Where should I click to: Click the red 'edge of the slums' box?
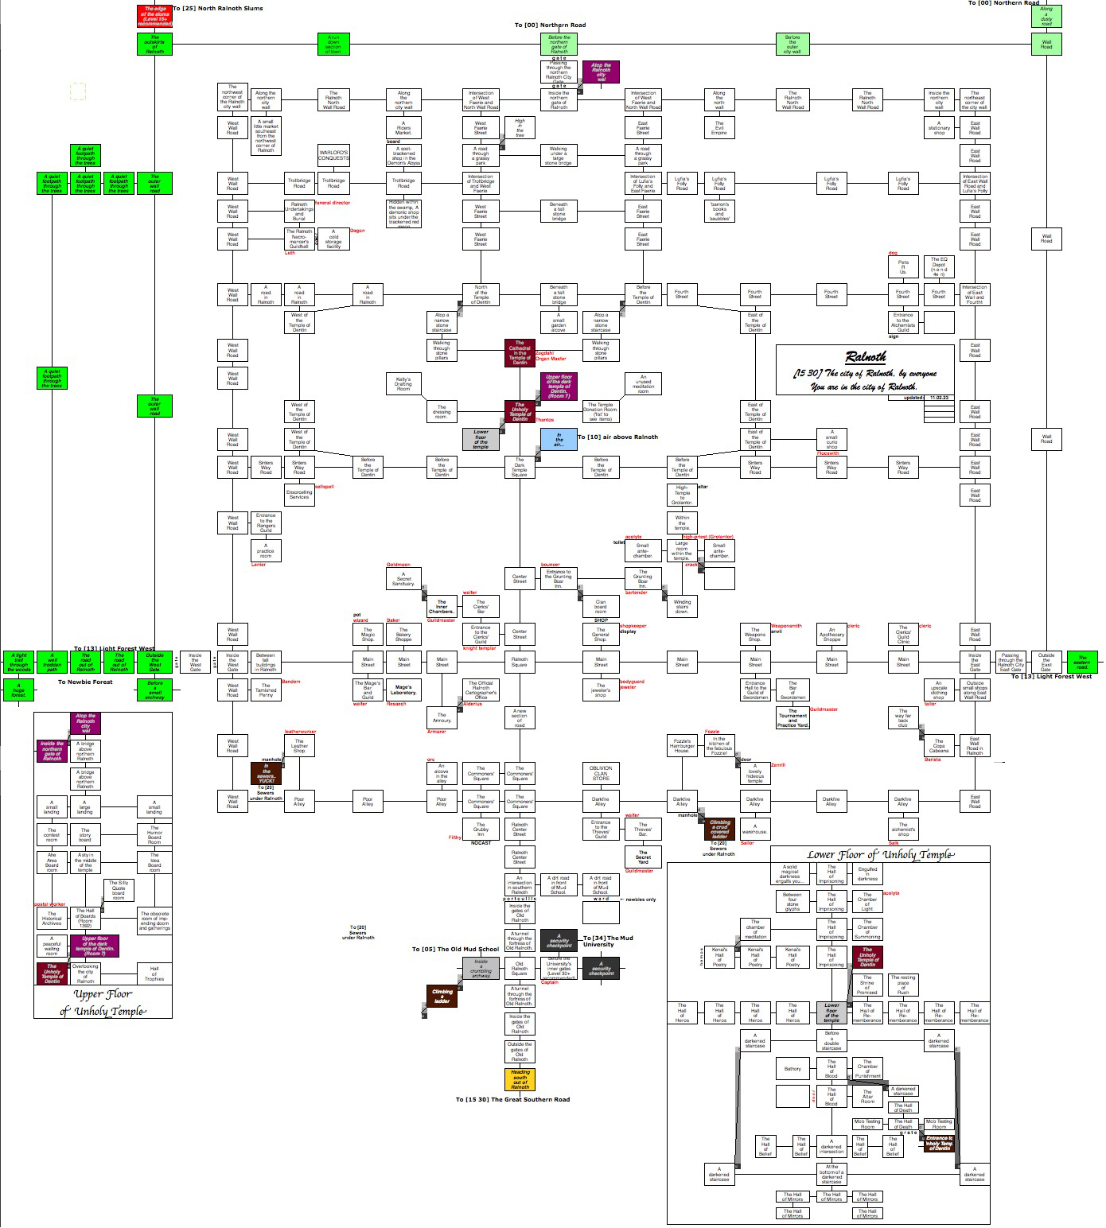154,17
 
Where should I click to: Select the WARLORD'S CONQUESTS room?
333,155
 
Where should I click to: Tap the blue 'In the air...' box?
559,440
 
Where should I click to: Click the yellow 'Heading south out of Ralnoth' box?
520,1079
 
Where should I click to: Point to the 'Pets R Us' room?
903,266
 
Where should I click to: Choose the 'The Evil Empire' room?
719,128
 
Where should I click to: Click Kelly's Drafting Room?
403,384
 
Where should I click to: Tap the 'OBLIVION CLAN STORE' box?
601,773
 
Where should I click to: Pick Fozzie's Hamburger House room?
682,746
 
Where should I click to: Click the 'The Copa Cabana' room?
939,746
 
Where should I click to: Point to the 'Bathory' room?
793,1069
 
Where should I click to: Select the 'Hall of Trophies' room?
154,974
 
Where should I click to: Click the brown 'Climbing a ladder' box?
442,995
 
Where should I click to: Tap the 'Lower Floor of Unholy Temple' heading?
880,855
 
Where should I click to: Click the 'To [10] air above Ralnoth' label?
617,437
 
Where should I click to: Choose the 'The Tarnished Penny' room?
266,689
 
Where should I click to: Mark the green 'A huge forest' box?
18,690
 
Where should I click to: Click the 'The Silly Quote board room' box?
119,890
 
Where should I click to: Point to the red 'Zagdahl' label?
544,352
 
